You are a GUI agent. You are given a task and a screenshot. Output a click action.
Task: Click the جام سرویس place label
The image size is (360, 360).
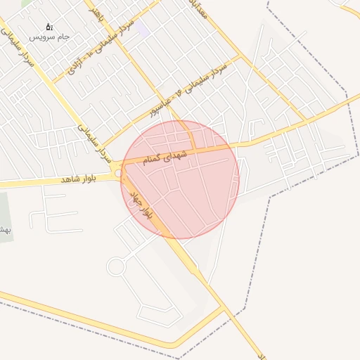(49, 37)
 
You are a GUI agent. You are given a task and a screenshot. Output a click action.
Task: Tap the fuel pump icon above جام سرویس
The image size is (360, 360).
(49, 27)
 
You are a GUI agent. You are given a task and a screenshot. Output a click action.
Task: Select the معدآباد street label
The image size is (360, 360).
(202, 9)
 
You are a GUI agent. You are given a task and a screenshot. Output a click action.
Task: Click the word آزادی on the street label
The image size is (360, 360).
(77, 65)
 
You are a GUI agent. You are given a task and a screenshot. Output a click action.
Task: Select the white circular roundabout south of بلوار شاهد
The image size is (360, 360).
(115, 266)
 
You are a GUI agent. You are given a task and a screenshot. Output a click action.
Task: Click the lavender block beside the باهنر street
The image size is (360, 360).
(141, 30)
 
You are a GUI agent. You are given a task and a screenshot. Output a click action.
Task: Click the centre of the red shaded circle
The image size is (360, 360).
(180, 179)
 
